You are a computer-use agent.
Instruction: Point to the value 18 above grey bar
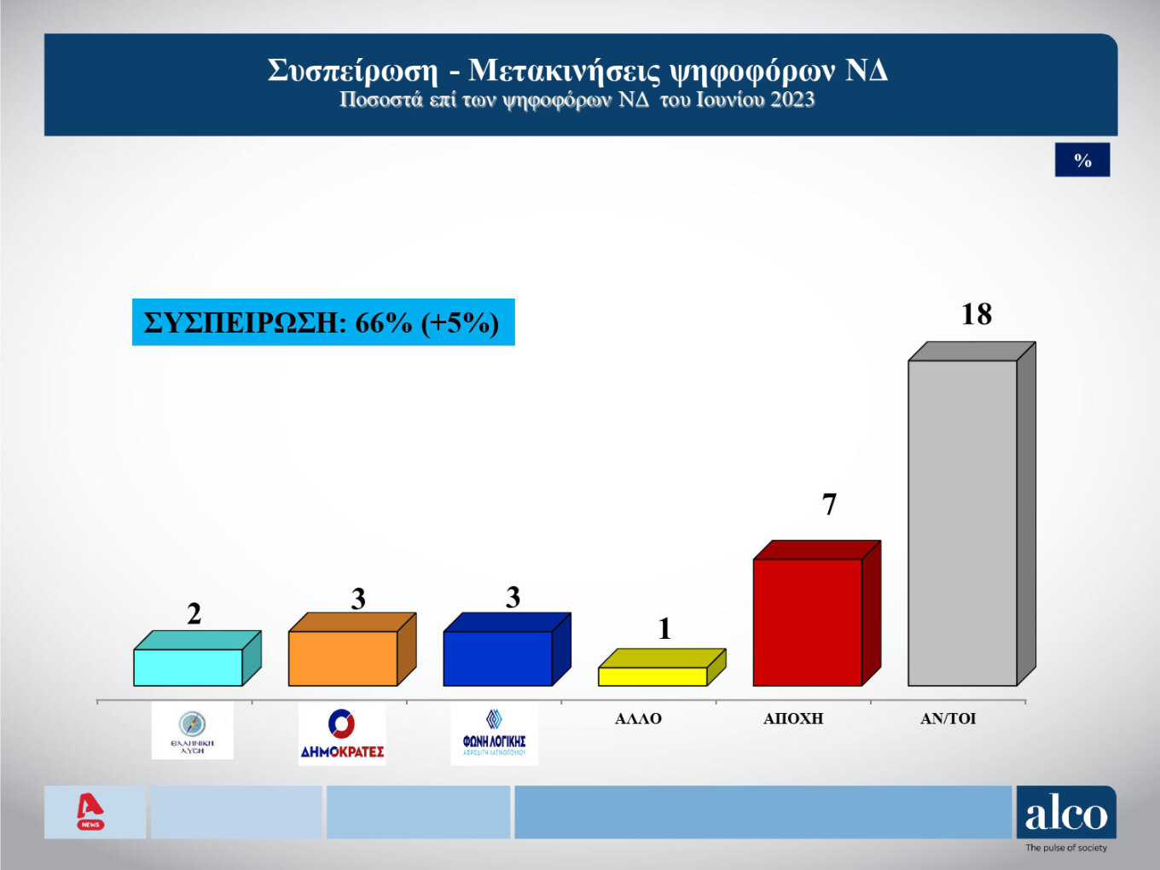pyautogui.click(x=977, y=315)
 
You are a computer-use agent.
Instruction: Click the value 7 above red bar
pyautogui.click(x=829, y=505)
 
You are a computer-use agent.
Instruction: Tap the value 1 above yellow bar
pyautogui.click(x=665, y=629)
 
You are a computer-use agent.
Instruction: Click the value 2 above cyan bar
pyautogui.click(x=194, y=614)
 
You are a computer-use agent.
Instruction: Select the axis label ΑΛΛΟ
pyautogui.click(x=638, y=719)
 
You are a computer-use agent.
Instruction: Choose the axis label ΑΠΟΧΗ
pyautogui.click(x=793, y=719)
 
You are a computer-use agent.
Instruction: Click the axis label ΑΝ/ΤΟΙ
pyautogui.click(x=948, y=719)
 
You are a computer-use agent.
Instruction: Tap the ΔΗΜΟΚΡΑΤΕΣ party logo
pyautogui.click(x=342, y=734)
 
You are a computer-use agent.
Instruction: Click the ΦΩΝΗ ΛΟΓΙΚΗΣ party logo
pyautogui.click(x=494, y=734)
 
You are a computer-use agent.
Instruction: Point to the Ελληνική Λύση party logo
pyautogui.click(x=192, y=731)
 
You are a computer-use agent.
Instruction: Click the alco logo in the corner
pyautogui.click(x=1065, y=813)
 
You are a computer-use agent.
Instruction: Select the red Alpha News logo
pyautogui.click(x=90, y=811)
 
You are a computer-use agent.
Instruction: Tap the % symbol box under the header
pyautogui.click(x=1082, y=160)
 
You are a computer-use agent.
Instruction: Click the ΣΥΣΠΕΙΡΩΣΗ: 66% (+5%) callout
pyautogui.click(x=322, y=322)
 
